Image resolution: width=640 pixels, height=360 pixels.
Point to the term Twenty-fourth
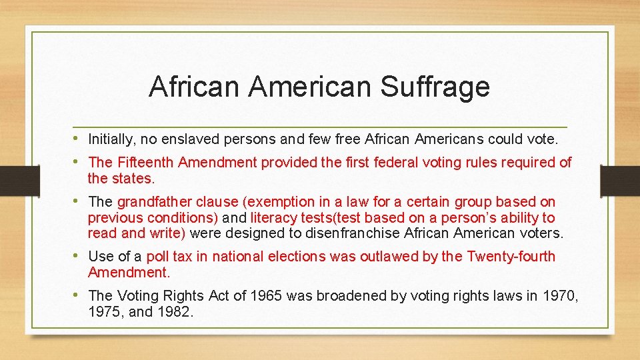click(511, 256)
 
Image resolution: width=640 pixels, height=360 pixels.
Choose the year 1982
click(174, 311)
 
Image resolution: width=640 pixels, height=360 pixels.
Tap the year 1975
click(103, 311)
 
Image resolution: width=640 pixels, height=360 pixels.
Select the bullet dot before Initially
click(77, 139)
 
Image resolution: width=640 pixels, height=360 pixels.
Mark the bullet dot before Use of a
click(77, 255)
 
